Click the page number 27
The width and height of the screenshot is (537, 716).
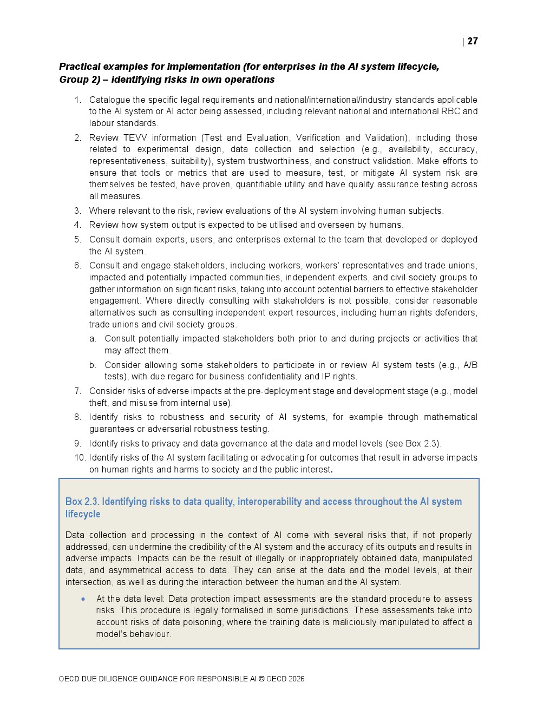pos(473,41)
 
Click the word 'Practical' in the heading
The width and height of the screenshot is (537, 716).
pos(80,67)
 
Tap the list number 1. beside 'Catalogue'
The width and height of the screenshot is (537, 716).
pos(78,100)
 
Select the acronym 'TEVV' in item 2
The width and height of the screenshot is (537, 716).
pos(135,137)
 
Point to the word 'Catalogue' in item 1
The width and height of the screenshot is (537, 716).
pos(109,100)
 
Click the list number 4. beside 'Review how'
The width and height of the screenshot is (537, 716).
pos(78,225)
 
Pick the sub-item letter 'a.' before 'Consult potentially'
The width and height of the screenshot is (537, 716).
pos(93,339)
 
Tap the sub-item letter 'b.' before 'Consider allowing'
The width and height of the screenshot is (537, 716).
pos(93,365)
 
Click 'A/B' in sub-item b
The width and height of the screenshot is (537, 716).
pos(470,365)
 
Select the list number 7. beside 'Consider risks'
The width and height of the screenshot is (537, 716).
pos(78,391)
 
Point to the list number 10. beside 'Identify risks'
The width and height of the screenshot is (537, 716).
pos(80,458)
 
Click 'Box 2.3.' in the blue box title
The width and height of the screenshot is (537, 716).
pos(82,502)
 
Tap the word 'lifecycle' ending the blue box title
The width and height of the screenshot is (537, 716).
pos(83,514)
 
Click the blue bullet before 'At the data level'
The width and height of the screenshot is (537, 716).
pos(83,599)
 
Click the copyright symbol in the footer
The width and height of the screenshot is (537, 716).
pos(261,679)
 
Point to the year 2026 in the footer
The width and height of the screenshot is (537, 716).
pos(297,679)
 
